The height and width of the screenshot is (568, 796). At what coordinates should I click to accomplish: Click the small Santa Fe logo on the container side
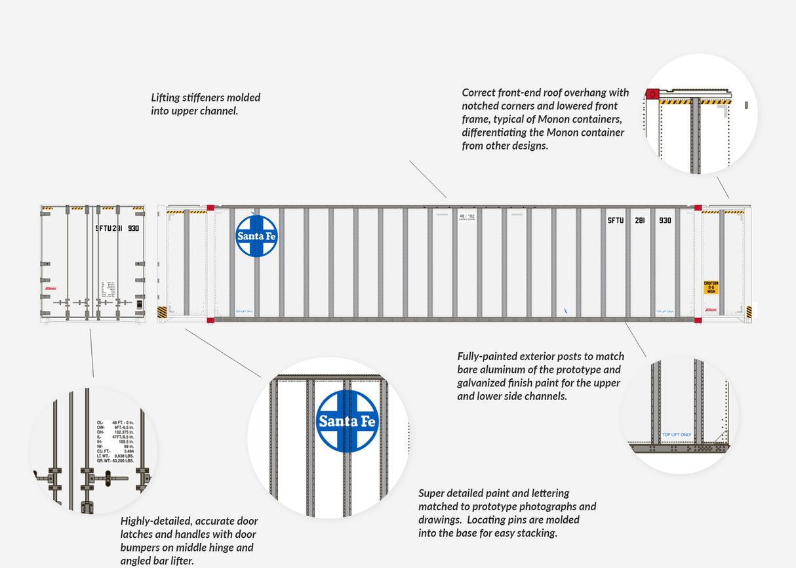coord(256,236)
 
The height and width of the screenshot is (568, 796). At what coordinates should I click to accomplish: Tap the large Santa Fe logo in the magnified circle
coord(347,421)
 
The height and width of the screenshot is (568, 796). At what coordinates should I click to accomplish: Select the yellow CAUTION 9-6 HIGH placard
coord(711,287)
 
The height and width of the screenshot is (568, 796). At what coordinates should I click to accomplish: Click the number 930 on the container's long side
coord(665,221)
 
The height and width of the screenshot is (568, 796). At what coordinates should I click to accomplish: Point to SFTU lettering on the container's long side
coord(616,221)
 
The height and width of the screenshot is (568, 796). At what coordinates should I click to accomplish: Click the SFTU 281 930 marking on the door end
coord(117,228)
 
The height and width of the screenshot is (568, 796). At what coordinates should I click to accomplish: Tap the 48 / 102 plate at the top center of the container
coord(466,216)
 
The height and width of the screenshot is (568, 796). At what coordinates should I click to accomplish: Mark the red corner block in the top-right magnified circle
coord(652,94)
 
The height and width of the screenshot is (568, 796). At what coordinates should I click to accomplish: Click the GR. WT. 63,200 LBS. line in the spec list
coord(115,461)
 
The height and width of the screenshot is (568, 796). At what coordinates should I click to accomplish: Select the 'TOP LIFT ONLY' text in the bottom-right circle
coord(677,435)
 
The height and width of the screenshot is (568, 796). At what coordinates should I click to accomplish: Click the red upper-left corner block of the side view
coord(210,208)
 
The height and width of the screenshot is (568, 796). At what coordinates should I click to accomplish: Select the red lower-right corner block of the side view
coord(698,319)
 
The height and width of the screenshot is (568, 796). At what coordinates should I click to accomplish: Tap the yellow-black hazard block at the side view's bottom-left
coord(162,312)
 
